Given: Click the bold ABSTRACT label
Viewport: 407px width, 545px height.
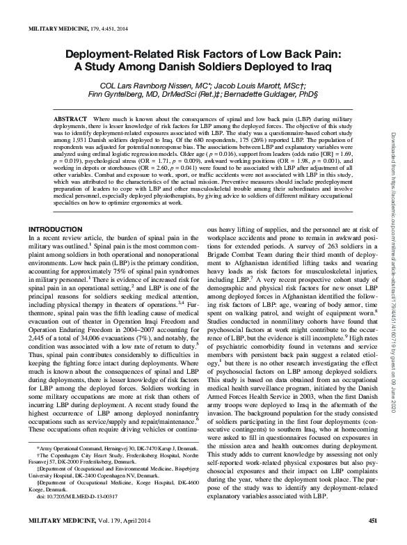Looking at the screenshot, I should tap(70, 119).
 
